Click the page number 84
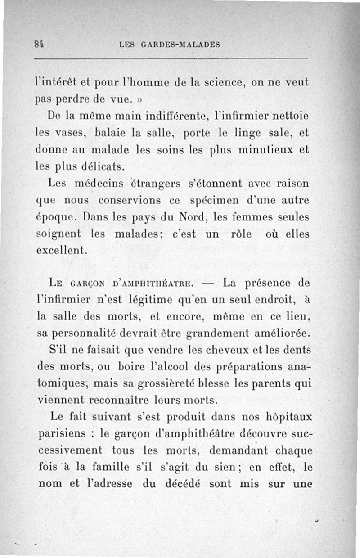pyautogui.click(x=41, y=45)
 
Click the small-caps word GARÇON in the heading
pyautogui.click(x=88, y=284)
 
